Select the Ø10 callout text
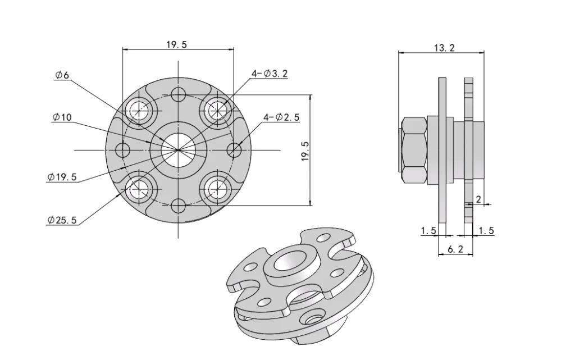pos(63,117)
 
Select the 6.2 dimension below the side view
pos(455,249)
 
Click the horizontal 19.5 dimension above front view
pos(176,44)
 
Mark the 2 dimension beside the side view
pos(478,199)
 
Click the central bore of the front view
pos(177,149)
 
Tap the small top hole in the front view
pos(178,94)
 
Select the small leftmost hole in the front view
pos(122,150)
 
